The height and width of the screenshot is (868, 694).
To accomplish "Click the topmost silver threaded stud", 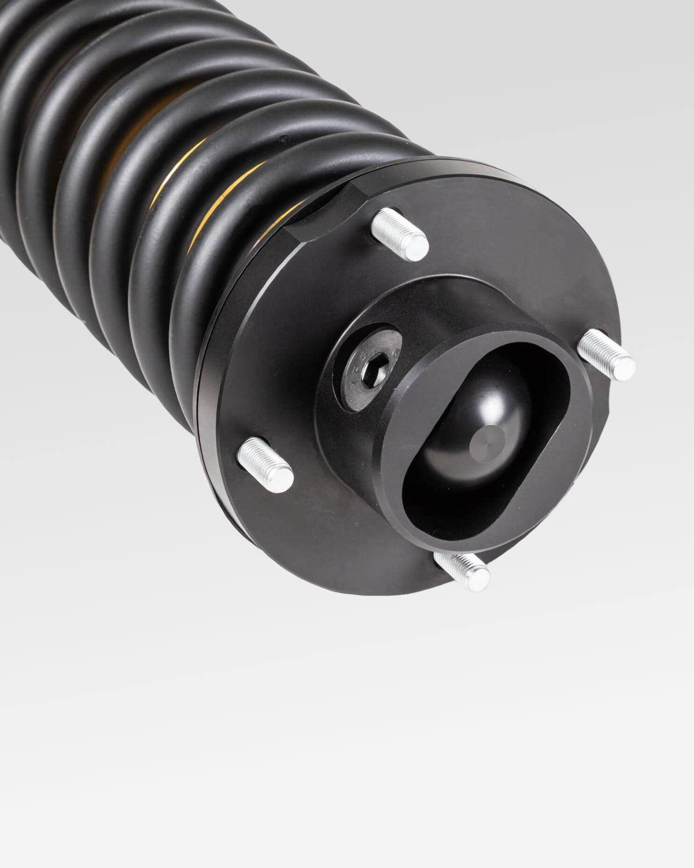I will [399, 231].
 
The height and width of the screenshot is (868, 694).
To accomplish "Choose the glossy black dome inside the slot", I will [463, 428].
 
